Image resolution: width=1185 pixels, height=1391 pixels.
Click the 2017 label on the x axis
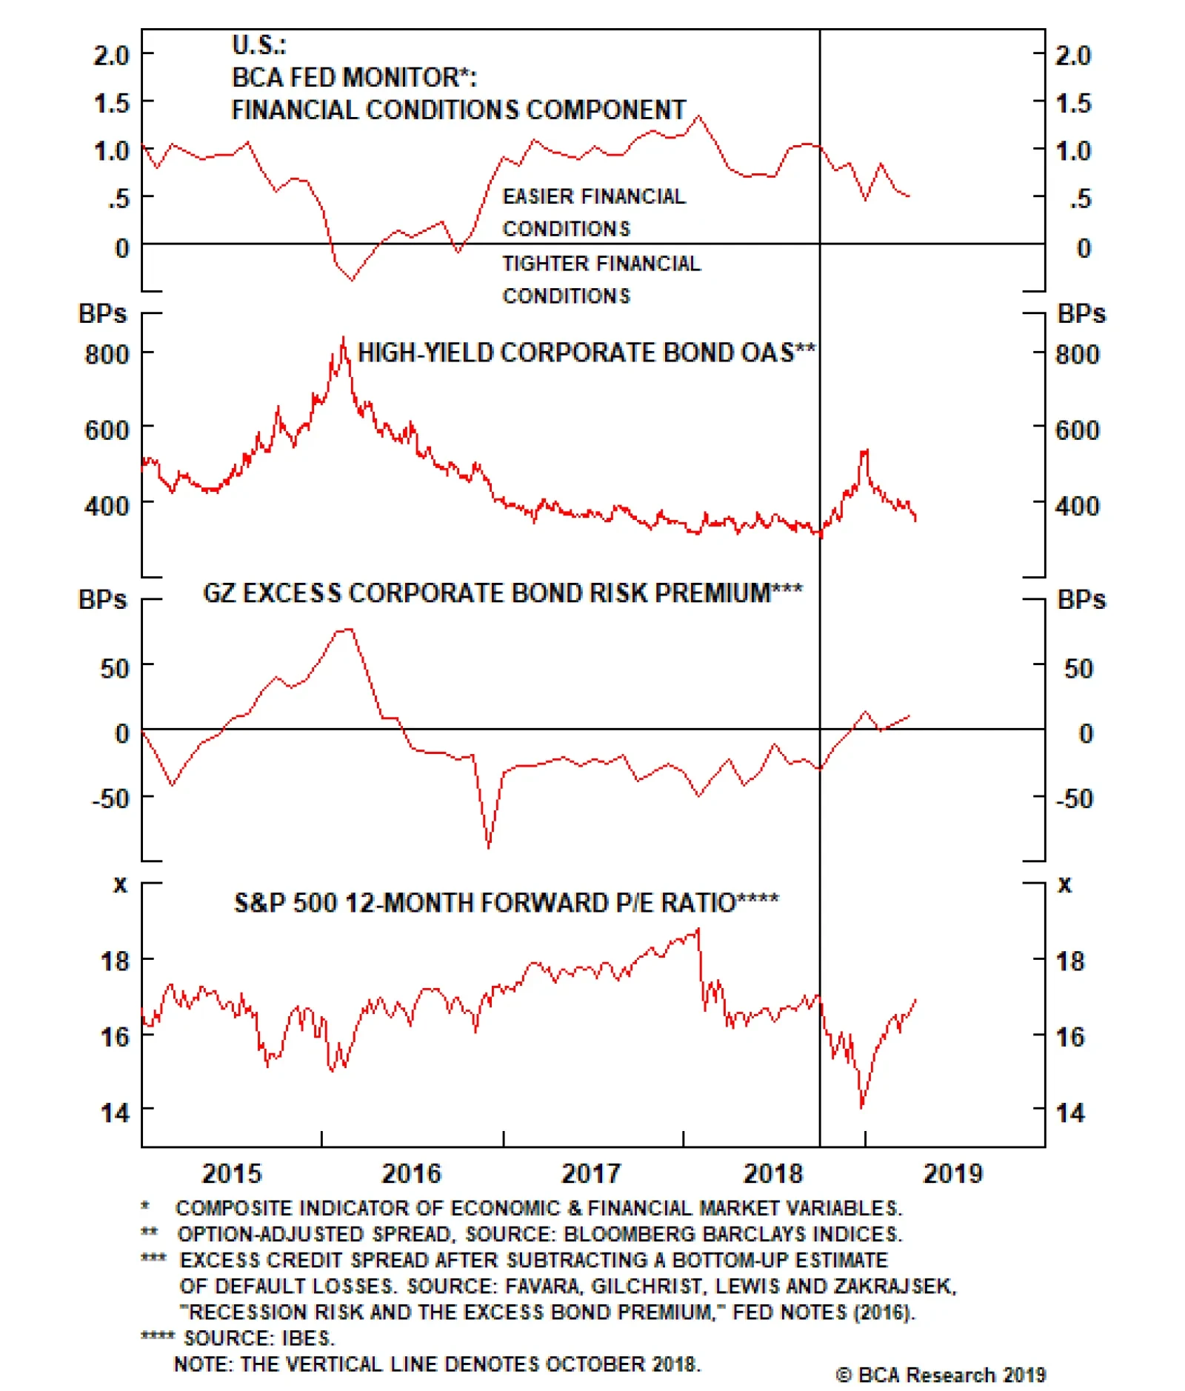coord(590,1173)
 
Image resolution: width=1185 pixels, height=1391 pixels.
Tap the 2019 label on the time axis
coord(952,1173)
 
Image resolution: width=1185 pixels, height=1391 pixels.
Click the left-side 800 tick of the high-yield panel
coord(107,354)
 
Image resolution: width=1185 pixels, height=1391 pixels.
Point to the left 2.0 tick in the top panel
coord(111,55)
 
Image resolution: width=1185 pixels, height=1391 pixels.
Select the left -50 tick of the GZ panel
coord(110,798)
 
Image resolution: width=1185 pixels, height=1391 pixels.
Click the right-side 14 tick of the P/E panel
coord(1069,1113)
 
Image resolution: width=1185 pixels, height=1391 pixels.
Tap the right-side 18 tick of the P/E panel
coord(1069,961)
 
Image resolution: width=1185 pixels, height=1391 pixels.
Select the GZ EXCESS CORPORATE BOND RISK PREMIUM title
coord(502,593)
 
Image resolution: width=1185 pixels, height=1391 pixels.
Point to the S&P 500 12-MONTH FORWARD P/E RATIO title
coord(506,903)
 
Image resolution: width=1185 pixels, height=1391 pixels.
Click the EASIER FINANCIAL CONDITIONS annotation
coord(593,212)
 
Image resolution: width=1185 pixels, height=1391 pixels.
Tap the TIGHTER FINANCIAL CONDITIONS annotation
coord(601,279)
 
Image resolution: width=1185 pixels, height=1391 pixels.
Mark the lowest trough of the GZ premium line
coord(488,847)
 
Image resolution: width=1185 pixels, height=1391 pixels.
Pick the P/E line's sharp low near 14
coord(861,1107)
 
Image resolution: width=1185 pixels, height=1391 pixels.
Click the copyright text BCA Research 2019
coord(941,1375)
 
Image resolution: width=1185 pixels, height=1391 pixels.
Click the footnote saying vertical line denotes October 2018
coord(437,1364)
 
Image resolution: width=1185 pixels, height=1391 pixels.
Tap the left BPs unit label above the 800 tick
coord(102,313)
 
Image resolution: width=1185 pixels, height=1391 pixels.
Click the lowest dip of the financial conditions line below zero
coord(352,279)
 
